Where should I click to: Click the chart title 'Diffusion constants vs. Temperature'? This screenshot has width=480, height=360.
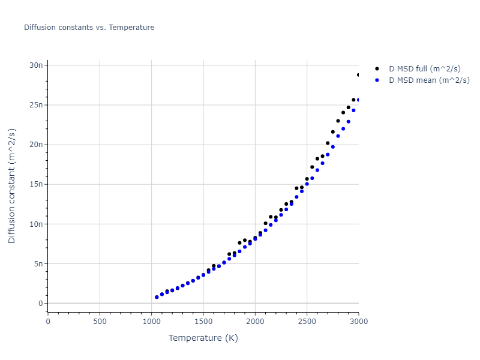89,28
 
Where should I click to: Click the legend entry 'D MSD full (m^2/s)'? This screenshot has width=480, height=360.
429,70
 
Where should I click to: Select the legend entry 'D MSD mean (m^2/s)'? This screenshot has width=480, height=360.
429,80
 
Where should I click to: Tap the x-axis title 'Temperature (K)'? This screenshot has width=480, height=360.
203,338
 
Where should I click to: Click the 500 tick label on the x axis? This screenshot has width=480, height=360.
100,321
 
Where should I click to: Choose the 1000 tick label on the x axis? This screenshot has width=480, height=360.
151,321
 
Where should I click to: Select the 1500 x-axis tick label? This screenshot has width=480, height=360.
203,321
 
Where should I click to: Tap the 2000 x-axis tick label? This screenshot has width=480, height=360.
255,321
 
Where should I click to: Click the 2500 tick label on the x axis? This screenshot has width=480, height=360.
307,321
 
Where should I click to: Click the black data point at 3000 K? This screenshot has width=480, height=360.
358,75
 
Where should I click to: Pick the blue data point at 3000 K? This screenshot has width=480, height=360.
358,100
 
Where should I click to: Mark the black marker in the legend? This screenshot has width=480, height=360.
377,70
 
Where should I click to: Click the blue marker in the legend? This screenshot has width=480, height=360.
377,80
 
